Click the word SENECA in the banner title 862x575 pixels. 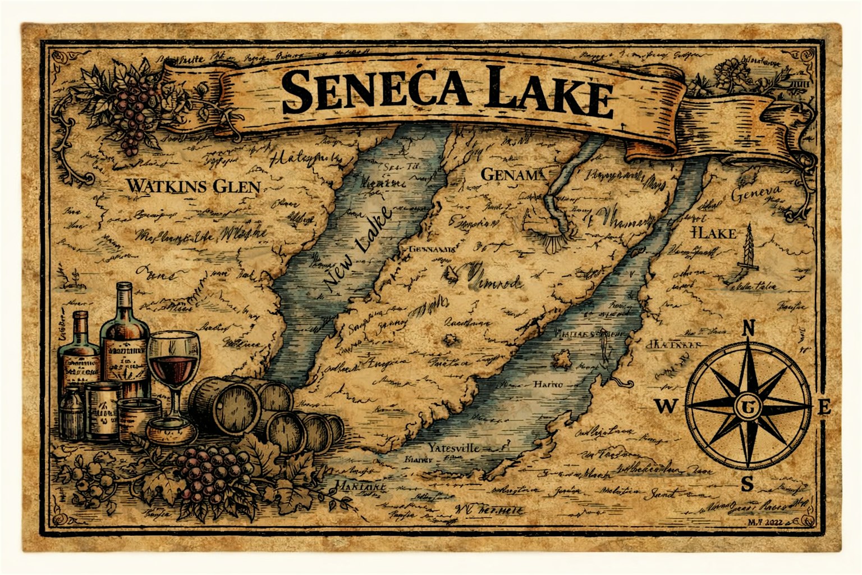point(375,90)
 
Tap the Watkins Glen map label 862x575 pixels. point(193,186)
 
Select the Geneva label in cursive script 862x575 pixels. point(756,197)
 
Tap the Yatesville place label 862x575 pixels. point(454,448)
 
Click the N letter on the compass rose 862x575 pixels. point(748,328)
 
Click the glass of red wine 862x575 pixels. point(175,365)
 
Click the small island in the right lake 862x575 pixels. point(563,359)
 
